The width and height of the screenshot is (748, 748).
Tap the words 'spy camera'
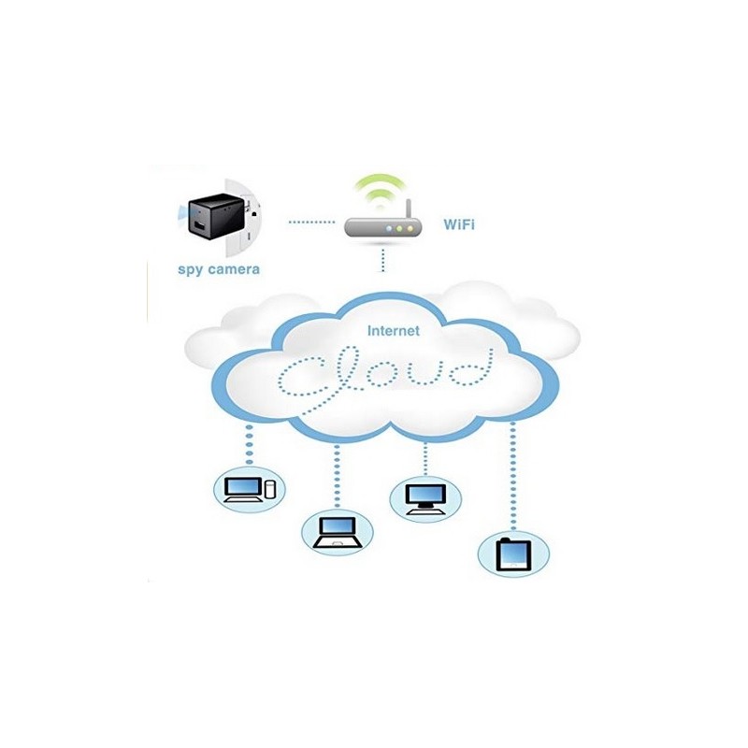tap(219, 269)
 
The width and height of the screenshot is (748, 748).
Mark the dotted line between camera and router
tap(310, 223)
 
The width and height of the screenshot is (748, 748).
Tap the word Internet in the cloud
tap(394, 330)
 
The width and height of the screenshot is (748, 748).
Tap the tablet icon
tap(513, 554)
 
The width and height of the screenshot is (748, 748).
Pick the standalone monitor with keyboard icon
tap(425, 496)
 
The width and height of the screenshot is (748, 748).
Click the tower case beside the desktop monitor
tap(271, 488)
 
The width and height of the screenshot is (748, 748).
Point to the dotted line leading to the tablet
tap(512, 477)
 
